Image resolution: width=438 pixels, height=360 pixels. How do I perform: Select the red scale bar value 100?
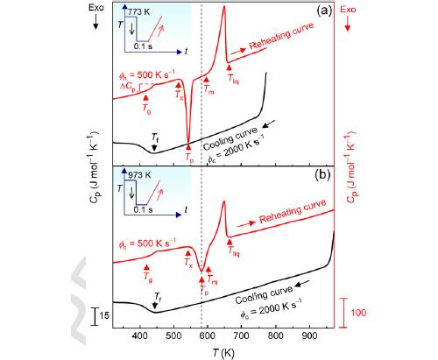click(x=359, y=313)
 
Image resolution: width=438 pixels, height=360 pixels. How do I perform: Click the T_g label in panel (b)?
click(x=147, y=274)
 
